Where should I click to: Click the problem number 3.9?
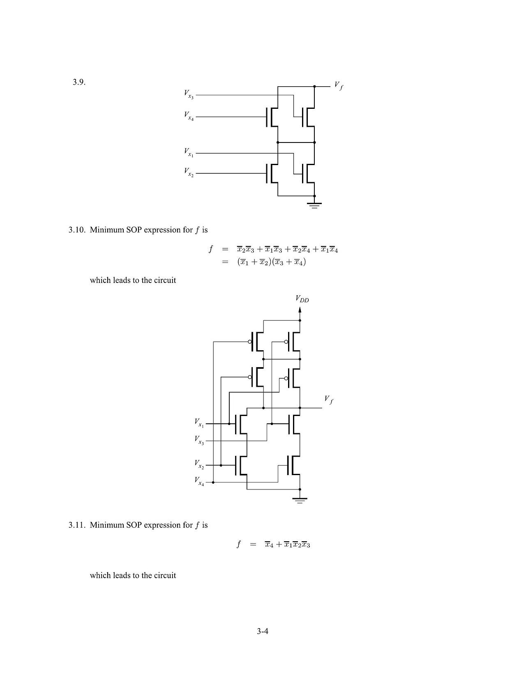79,82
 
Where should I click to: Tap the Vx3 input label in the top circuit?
189,94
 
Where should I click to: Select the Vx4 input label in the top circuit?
189,116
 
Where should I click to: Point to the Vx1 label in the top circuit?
189,152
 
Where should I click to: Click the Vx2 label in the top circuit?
189,172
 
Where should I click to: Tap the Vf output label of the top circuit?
339,85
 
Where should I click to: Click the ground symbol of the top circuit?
315,205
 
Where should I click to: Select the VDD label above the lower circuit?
302,299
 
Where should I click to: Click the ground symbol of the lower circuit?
300,500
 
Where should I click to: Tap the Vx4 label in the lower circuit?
199,481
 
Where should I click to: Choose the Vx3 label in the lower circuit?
199,440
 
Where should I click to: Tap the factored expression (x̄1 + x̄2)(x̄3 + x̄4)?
271,262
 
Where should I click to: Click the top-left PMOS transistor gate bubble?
250,342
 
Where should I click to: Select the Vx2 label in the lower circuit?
199,464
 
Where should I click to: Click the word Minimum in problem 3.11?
107,525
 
